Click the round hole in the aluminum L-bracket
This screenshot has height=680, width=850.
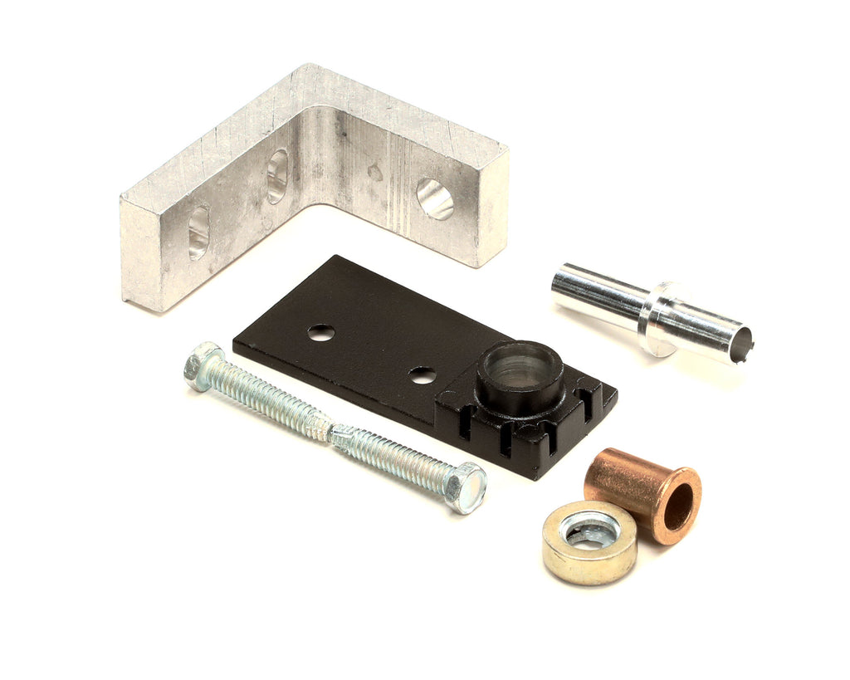(x=435, y=199)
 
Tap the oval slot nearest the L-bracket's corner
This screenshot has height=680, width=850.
(x=277, y=175)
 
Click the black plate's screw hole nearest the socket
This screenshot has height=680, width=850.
(x=423, y=375)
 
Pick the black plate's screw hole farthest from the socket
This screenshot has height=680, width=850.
(x=321, y=333)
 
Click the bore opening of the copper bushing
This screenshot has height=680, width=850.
(x=678, y=507)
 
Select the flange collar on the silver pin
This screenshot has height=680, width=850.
(x=660, y=319)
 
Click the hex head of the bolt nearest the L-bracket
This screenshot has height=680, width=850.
(x=203, y=366)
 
